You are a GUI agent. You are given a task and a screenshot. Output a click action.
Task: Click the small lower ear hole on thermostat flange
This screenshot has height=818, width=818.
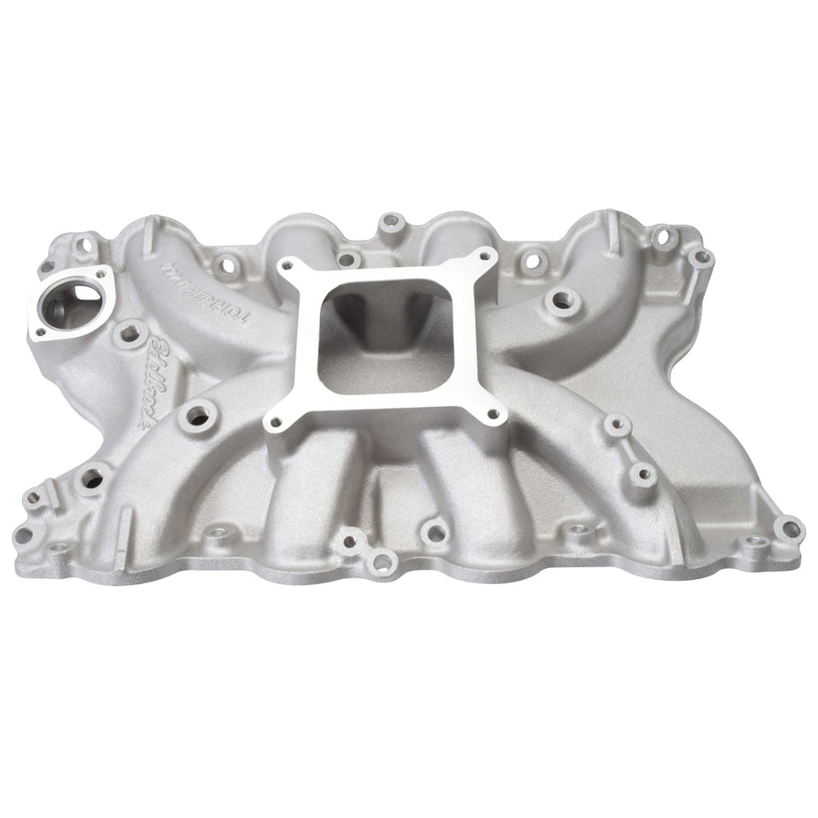(x=37, y=334)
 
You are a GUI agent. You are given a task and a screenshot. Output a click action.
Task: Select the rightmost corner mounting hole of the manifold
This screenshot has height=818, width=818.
(x=790, y=529)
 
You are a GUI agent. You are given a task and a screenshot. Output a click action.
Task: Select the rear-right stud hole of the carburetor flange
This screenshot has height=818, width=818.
(x=483, y=255)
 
